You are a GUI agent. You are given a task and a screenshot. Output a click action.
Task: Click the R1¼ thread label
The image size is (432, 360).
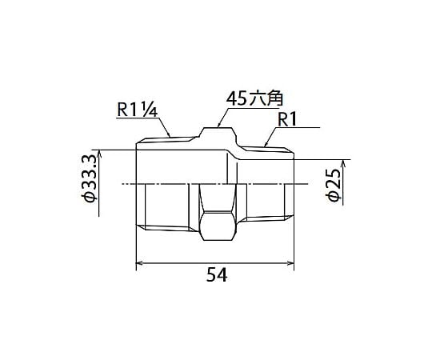138,110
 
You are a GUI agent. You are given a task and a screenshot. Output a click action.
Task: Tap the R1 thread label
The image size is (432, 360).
287,120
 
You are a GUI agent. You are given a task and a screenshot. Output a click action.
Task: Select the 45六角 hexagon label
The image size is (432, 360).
254,99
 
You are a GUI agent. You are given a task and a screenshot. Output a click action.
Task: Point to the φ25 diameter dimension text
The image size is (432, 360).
334,185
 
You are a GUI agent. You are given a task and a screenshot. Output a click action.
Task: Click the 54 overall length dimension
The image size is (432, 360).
217,274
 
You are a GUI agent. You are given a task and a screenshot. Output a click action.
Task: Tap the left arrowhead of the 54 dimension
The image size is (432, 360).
139,263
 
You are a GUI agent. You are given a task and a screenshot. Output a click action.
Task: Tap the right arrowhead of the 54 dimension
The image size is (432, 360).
290,263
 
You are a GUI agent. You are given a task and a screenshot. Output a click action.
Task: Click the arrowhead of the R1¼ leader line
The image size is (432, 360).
168,134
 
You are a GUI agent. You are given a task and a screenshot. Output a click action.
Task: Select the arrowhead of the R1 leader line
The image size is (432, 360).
266,144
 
